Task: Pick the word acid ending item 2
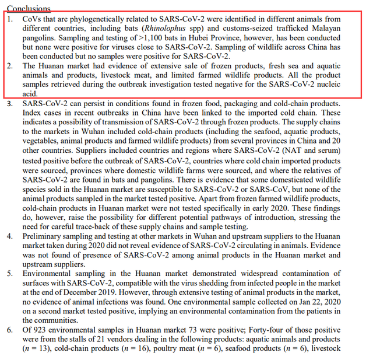pos(29,93)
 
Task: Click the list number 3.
pos(9,103)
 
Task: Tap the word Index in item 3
pos(34,113)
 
